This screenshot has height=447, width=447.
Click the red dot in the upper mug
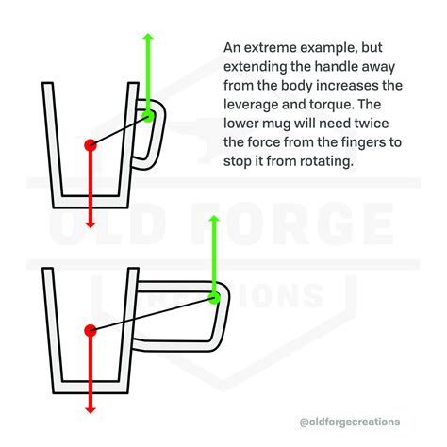[x=91, y=145]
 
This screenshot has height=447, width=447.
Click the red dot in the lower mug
[x=91, y=330]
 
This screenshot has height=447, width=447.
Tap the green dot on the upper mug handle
[x=148, y=116]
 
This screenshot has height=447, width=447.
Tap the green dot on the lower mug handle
[x=214, y=297]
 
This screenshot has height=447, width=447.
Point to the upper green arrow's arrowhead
[x=148, y=37]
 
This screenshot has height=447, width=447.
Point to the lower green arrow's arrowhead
[x=214, y=219]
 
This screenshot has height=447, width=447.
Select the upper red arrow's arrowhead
[x=91, y=224]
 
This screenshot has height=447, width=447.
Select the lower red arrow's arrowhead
[x=91, y=410]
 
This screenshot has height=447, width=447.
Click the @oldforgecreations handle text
[x=350, y=422]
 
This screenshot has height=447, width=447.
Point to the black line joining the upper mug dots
[x=120, y=130]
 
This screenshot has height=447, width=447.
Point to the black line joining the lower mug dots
[x=153, y=314]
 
